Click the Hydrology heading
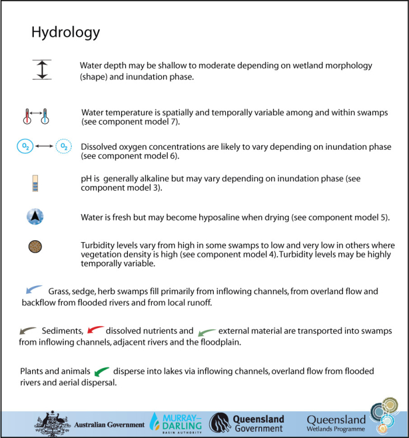65,32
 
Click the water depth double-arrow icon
42,70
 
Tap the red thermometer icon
27,116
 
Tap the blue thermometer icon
44,116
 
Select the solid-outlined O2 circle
25,146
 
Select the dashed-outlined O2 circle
63,146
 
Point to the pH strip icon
34,183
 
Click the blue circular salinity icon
35,217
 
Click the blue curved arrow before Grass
34,289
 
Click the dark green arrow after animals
102,371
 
